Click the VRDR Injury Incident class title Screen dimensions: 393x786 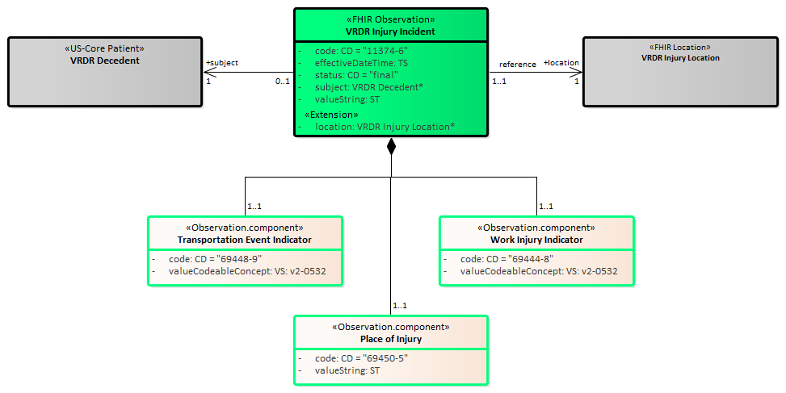coord(390,31)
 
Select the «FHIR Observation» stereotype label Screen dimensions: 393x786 coord(390,19)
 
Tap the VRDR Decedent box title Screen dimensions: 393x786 coord(105,61)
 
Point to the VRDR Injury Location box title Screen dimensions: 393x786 coord(680,58)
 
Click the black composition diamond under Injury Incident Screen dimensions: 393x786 coord(392,147)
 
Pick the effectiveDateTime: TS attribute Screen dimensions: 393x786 coord(361,63)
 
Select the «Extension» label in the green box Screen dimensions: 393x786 coord(331,115)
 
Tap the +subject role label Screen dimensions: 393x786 coord(222,62)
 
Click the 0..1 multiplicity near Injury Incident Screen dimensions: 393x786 coord(282,81)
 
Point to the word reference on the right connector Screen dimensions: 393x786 coord(518,65)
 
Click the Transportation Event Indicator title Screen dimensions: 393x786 coord(245,240)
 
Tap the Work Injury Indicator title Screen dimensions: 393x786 coord(536,240)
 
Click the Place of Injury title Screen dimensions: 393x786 coord(391,339)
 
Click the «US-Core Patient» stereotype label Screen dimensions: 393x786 coord(105,49)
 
